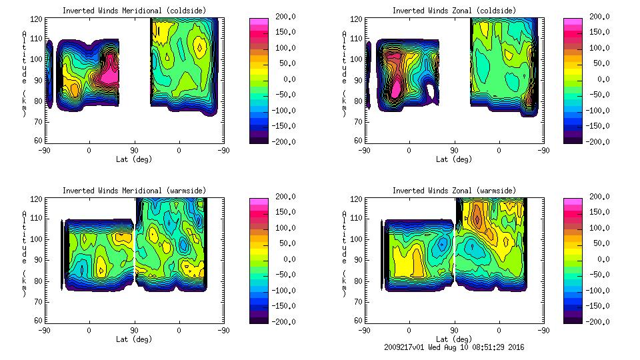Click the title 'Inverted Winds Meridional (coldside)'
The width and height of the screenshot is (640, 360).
(134, 11)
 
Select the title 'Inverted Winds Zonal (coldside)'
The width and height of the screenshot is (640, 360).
(453, 11)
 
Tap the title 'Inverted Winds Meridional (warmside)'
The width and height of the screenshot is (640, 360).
(134, 191)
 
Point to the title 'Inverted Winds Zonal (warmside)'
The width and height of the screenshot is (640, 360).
(453, 191)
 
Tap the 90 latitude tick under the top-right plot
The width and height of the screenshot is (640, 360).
(454, 150)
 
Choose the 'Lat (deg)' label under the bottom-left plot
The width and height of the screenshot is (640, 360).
(134, 339)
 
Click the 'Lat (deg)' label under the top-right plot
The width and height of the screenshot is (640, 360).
(453, 159)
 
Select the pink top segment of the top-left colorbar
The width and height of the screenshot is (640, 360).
(259, 22)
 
